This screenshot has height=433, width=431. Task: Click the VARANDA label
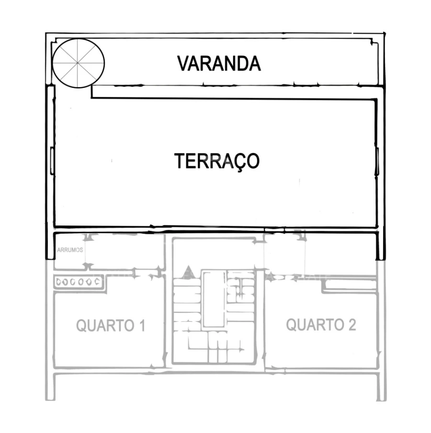[219, 64]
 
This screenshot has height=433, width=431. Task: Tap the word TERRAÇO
[216, 161]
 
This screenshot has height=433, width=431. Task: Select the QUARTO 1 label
[111, 326]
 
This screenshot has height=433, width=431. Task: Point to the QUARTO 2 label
[321, 325]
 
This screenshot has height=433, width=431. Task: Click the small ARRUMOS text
[70, 250]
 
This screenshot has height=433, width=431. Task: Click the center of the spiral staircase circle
[78, 64]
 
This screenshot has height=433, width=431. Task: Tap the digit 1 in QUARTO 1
[141, 326]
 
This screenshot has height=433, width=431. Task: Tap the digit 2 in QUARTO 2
[352, 325]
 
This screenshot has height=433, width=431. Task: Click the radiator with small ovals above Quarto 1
[78, 282]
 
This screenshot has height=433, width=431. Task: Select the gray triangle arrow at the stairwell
[188, 273]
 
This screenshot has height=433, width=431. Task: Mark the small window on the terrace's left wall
[51, 161]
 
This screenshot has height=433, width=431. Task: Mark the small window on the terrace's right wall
[377, 162]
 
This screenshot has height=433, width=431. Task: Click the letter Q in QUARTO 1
[82, 326]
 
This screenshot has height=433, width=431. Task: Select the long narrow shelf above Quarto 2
[350, 284]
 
